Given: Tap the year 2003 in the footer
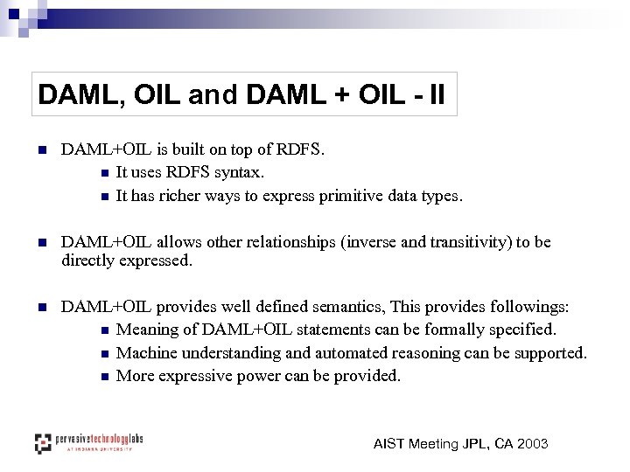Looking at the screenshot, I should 533,444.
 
